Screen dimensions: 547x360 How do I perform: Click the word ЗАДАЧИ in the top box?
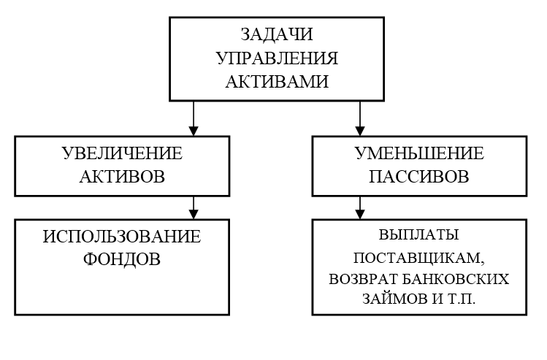pos(277,34)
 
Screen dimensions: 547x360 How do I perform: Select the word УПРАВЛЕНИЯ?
pos(278,58)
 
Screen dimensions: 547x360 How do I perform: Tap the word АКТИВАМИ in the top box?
pos(277,82)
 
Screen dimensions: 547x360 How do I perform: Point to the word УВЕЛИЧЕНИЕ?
pos(122,153)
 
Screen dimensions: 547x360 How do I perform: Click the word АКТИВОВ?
pos(122,177)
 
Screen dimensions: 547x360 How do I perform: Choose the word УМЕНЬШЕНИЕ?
pos(419,153)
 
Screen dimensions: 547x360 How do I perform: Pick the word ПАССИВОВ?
pos(419,177)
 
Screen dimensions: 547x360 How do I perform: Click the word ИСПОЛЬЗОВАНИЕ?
pos(122,237)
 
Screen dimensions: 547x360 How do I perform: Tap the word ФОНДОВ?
pos(122,259)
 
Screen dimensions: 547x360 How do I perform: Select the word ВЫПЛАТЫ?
pos(418,235)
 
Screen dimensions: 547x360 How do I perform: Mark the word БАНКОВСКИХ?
pos(456,279)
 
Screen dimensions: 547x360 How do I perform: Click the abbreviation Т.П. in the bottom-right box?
pos(460,299)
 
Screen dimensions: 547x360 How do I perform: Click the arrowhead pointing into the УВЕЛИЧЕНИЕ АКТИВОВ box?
pos(194,131)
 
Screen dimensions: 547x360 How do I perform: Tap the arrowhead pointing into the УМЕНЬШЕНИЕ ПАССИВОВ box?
pos(360,131)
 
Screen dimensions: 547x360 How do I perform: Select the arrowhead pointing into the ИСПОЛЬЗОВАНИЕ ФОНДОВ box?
pos(194,215)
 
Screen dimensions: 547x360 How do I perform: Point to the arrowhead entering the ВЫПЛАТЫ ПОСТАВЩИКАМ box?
pos(360,215)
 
